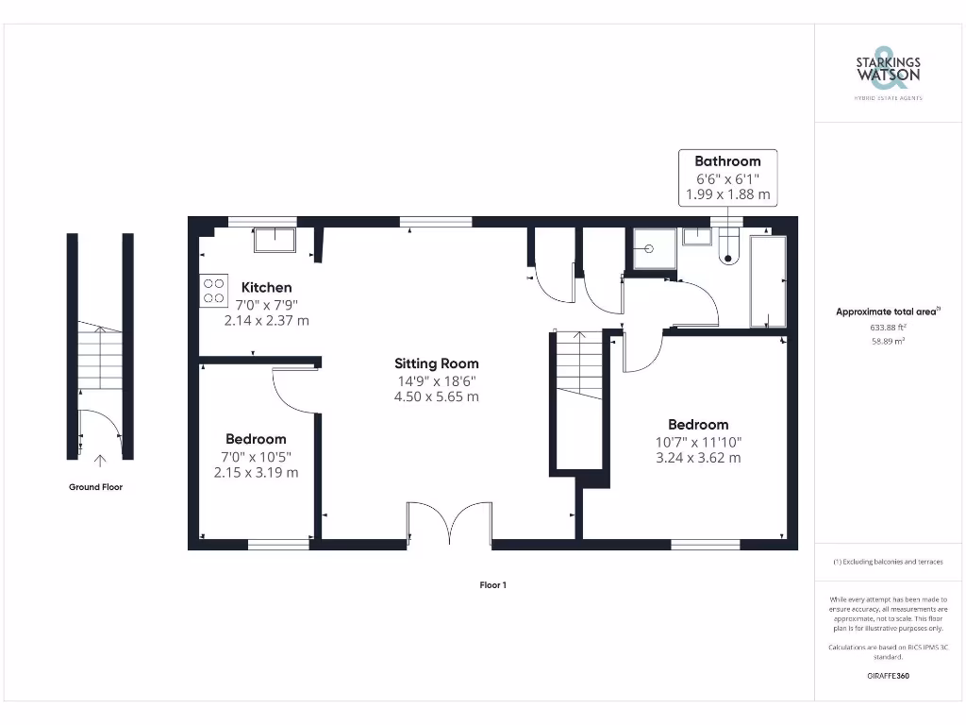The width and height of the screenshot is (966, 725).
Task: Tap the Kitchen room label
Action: (x=266, y=287)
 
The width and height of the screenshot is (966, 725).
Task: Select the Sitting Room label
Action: (x=436, y=363)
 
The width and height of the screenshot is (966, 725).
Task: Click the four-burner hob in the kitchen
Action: (x=214, y=290)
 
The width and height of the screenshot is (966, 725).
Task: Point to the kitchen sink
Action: (x=275, y=240)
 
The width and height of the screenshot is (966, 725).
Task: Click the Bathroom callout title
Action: (x=727, y=161)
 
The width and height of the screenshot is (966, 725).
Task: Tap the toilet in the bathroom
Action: (x=729, y=247)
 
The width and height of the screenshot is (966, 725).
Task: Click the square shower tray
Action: (x=652, y=249)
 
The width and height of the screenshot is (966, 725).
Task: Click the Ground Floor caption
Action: (x=95, y=487)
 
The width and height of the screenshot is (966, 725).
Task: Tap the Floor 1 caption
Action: (x=492, y=585)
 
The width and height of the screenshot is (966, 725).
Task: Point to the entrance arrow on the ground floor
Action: (x=100, y=460)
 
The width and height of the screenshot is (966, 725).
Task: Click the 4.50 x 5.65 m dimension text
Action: (x=436, y=396)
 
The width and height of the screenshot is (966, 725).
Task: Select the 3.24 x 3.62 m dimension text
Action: (x=698, y=458)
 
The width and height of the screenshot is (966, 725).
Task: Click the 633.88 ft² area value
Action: (x=887, y=328)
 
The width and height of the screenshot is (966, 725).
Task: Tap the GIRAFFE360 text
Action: (x=887, y=676)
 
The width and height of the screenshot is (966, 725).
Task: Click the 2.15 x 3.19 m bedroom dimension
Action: (x=256, y=472)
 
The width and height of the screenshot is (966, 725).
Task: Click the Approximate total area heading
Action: (x=887, y=312)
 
